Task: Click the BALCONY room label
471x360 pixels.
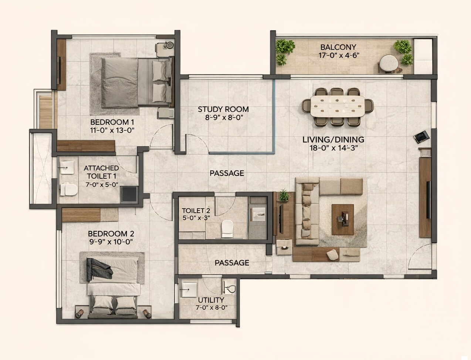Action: [338, 47]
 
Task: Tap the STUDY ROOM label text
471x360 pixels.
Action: [223, 110]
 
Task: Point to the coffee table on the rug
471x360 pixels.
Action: [342, 219]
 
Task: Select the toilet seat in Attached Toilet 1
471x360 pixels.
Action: [68, 189]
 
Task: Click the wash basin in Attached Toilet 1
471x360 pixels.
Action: [67, 168]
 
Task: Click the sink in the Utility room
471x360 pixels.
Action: [189, 289]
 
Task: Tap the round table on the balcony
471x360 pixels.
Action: [388, 63]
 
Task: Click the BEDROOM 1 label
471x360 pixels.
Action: [112, 122]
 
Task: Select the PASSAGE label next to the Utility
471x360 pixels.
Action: [232, 263]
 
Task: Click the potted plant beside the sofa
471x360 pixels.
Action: [284, 195]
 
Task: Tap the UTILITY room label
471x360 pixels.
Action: [211, 300]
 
